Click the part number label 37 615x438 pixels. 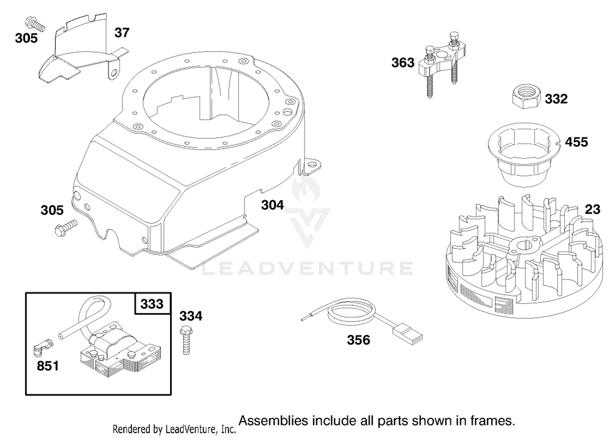coord(122,33)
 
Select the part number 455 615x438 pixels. coord(576,142)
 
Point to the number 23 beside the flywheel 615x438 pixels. coord(592,209)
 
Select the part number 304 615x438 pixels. coord(272,205)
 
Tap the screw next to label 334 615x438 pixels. coord(186,340)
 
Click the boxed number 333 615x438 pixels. coord(152,304)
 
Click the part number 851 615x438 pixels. coord(48,366)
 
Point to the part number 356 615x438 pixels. coord(359,340)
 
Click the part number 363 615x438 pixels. coord(403,63)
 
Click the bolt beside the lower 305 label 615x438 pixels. coord(66,228)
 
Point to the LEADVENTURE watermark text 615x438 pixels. coord(307,269)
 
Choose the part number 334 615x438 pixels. coord(191,316)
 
